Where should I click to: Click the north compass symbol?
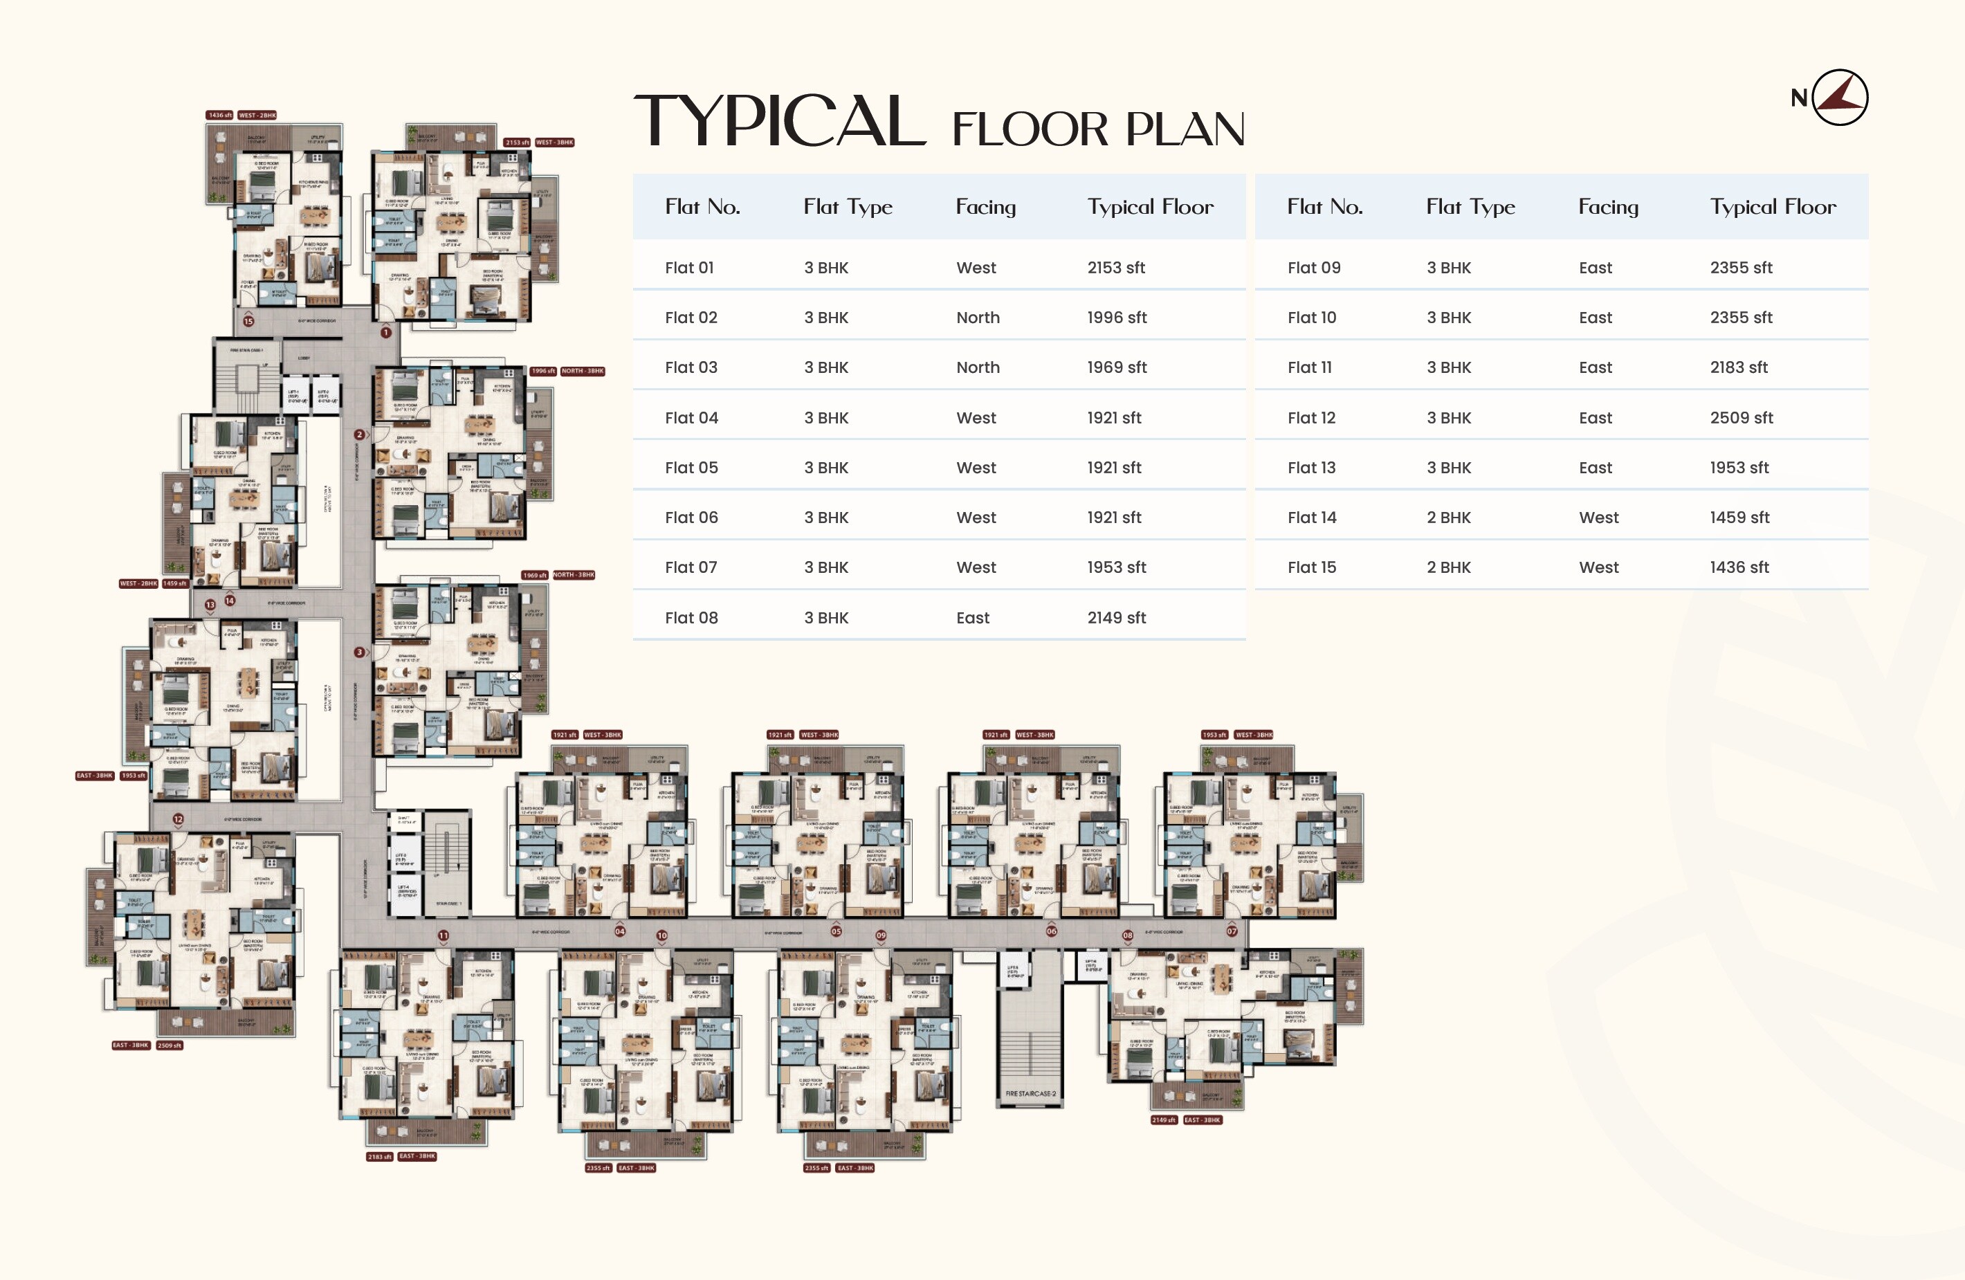(x=1840, y=98)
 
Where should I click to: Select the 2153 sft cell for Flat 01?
(x=1115, y=268)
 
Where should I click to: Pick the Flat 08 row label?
(x=691, y=618)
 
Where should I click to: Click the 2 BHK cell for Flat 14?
(x=1448, y=518)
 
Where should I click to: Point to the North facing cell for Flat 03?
(x=978, y=367)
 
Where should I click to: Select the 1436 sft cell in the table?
(x=1739, y=567)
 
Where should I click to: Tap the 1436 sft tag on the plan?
(x=219, y=116)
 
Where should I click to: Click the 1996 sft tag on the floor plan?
(x=542, y=372)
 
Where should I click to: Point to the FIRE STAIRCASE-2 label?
(x=1030, y=1093)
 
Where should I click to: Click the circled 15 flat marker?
(x=248, y=320)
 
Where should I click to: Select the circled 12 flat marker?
(x=179, y=819)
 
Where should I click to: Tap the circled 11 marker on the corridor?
(x=444, y=935)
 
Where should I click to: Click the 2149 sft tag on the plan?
(x=1163, y=1121)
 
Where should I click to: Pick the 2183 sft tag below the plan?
(x=380, y=1157)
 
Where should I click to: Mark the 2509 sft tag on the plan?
(x=170, y=1045)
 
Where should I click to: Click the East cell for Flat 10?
(x=1594, y=318)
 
